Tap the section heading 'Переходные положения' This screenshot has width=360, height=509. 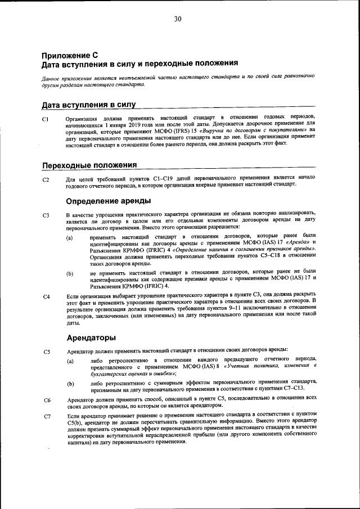click(x=89, y=165)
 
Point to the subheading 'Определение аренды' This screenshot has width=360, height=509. click(x=108, y=201)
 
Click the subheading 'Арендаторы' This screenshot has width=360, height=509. click(x=91, y=337)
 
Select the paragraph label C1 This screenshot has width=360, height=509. click(x=46, y=119)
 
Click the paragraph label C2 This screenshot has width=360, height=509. click(x=46, y=180)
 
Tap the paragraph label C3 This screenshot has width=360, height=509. click(x=46, y=215)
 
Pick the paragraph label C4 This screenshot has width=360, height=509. click(x=46, y=296)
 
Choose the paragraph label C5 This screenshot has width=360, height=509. click(x=46, y=352)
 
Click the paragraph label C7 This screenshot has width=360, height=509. click(x=46, y=417)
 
